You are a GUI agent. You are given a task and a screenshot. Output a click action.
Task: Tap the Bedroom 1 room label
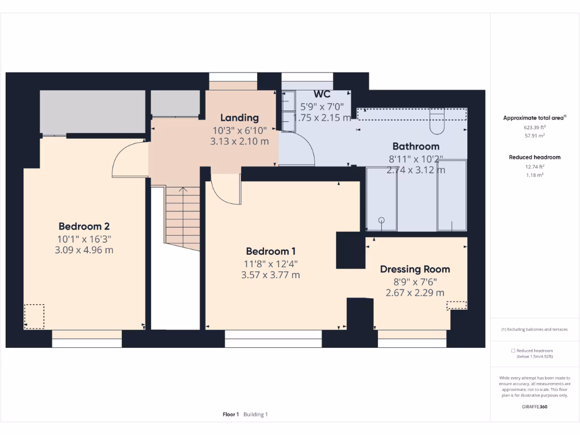[x=270, y=251]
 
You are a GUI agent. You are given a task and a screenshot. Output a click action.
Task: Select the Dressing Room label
[x=415, y=269]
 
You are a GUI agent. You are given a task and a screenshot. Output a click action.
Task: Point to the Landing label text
[x=239, y=118]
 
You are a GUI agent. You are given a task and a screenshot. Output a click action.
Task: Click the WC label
[x=322, y=94]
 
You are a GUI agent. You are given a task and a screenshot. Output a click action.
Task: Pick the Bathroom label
[x=416, y=146]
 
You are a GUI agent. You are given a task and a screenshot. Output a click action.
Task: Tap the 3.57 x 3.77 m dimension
[x=270, y=275]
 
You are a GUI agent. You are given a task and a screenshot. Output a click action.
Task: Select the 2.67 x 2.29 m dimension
[x=415, y=293]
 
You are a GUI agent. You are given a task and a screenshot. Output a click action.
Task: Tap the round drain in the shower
[x=381, y=220]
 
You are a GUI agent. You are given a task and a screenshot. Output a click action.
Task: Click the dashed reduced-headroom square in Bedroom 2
[x=34, y=316]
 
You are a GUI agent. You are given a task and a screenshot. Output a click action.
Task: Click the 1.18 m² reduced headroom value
[x=534, y=176]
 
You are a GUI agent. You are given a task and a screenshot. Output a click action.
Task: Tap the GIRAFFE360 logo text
[x=534, y=407]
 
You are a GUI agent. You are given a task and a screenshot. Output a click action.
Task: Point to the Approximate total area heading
[x=534, y=118]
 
